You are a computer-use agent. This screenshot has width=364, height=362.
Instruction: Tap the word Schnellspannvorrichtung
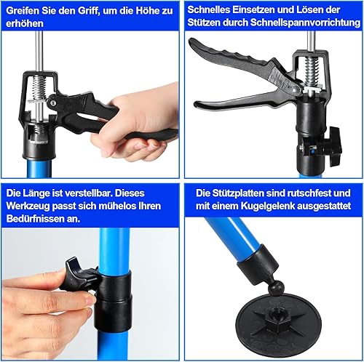[306, 23]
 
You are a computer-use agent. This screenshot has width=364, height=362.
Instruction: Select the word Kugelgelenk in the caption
[267, 206]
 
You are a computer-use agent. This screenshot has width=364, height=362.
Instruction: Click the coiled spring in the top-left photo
[39, 89]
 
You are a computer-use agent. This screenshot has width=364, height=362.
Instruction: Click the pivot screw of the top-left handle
[53, 103]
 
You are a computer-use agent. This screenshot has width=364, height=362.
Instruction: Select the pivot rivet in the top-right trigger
[295, 89]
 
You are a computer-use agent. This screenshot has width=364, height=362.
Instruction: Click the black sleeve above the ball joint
[258, 264]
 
